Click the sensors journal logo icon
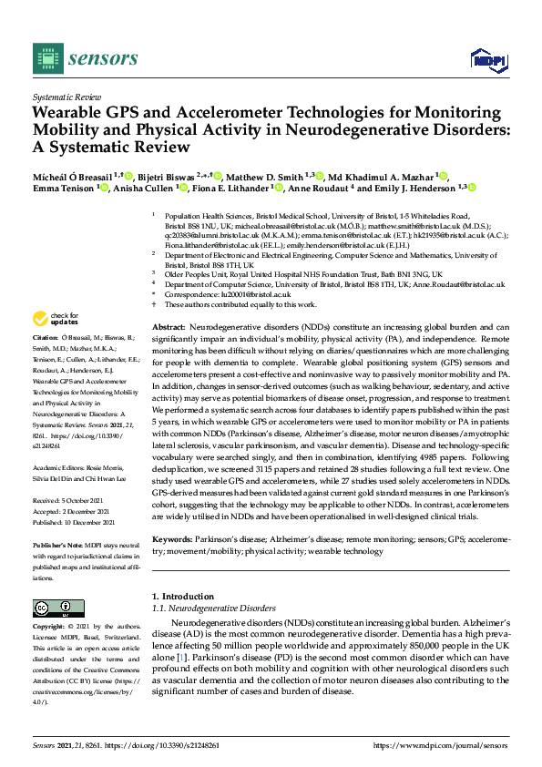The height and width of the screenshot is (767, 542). [x=47, y=58]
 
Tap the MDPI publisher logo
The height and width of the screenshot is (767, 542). [x=487, y=60]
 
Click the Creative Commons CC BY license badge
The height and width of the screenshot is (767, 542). [x=54, y=608]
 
